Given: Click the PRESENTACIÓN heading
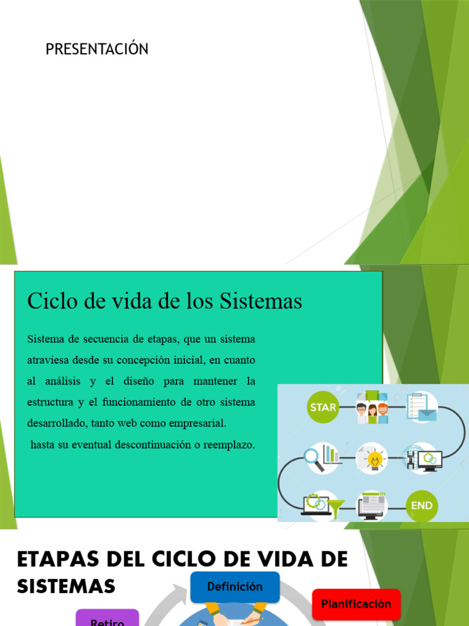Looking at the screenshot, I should tap(97, 50).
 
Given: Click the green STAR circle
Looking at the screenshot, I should tap(323, 407).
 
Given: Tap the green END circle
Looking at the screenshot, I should tap(421, 506).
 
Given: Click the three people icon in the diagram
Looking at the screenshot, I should tap(372, 408).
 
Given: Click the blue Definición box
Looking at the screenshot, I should tap(234, 587).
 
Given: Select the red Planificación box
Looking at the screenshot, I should tap(356, 604).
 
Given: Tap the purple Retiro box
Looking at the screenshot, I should tap(107, 619).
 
